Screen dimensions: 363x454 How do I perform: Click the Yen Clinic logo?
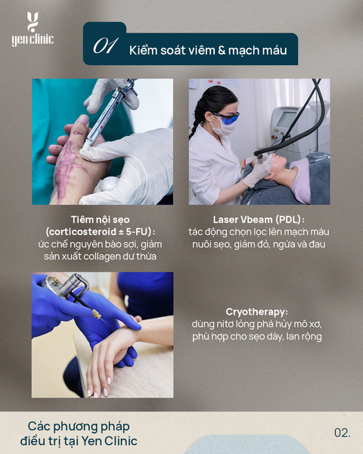pos(33,30)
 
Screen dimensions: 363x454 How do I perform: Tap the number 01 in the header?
pos(105,45)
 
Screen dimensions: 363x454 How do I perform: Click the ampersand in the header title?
pos(222,50)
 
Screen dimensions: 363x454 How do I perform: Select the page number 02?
pos(342,433)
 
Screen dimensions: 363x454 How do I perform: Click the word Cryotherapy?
pos(256,312)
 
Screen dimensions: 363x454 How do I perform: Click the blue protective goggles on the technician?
pos(226,117)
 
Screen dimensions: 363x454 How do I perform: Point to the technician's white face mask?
pos(222,127)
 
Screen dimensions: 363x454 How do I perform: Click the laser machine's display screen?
pos(286,120)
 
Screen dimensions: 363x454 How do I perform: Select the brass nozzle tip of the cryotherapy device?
pos(97,314)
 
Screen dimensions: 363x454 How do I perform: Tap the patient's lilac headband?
pos(302,179)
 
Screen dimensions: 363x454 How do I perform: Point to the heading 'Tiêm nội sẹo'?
pos(100,219)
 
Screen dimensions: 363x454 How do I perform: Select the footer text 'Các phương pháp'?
pos(79,427)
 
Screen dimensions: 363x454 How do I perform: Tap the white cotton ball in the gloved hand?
pos(107,184)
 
